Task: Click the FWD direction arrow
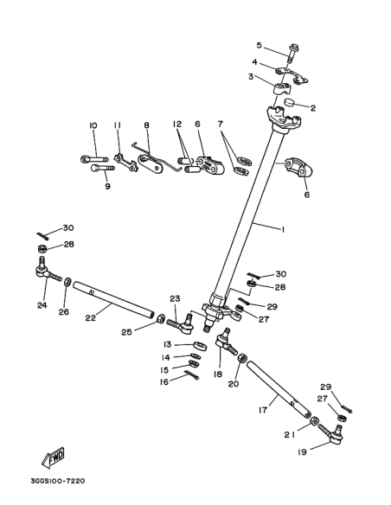coord(53,457)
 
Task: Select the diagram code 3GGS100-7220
coord(58,481)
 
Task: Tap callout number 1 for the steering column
coord(283,230)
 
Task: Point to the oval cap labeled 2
coord(292,102)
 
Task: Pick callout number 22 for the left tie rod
coord(91,317)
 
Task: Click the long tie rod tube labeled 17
coord(279,390)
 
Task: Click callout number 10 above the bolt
coord(93,125)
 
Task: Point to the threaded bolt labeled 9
coord(103,168)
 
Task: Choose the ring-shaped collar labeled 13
coord(201,346)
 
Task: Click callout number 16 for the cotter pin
coord(164,382)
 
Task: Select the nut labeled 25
coord(160,319)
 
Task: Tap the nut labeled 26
coord(67,282)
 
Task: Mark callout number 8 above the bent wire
coord(146,125)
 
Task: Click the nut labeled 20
coord(242,358)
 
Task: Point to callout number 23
coord(175,298)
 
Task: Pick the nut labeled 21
coord(315,422)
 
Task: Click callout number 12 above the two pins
coord(176,124)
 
